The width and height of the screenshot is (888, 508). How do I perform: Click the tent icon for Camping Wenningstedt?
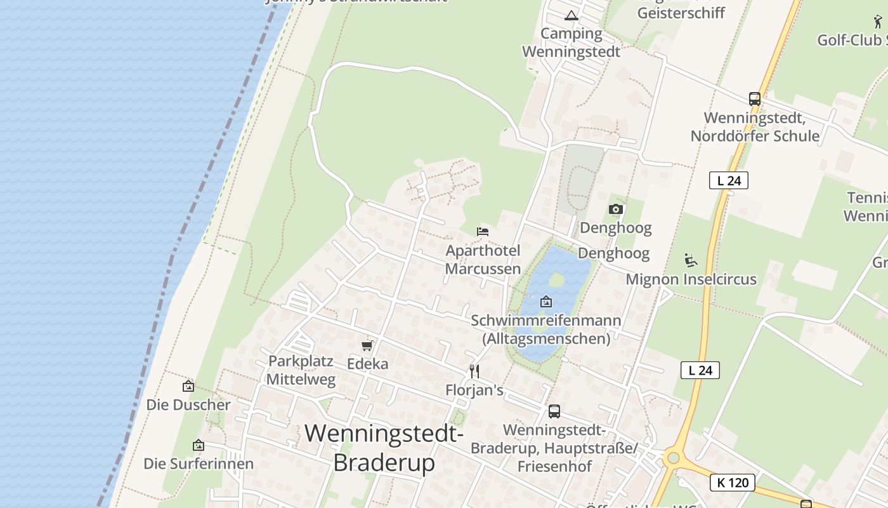(x=571, y=16)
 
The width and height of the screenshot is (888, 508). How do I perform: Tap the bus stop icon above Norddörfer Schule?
(x=754, y=99)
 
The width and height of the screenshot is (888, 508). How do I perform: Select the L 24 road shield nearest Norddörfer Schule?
(x=728, y=180)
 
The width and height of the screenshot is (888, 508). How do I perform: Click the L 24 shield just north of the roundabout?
(x=700, y=370)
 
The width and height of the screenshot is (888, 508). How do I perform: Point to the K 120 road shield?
(x=733, y=483)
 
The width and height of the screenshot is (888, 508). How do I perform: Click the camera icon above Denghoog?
(x=615, y=209)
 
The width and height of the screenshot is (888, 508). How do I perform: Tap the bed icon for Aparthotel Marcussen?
(x=483, y=232)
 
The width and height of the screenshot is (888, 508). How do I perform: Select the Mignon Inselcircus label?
(x=691, y=279)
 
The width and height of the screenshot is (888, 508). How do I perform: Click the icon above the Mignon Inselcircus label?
(x=691, y=260)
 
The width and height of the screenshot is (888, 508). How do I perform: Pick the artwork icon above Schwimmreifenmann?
(x=545, y=302)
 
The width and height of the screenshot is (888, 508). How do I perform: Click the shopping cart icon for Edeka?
(x=367, y=345)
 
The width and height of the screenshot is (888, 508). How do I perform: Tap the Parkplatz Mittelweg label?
(x=300, y=370)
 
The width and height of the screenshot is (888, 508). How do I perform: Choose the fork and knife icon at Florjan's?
(x=474, y=371)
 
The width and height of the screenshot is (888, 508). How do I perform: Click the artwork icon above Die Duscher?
(x=188, y=385)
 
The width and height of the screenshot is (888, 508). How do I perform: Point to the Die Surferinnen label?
(x=199, y=464)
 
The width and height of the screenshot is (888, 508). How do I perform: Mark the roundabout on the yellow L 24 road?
(x=673, y=457)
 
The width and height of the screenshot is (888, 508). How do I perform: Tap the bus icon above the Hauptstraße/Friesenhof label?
(x=554, y=411)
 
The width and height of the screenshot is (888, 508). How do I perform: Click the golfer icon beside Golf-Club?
(x=878, y=22)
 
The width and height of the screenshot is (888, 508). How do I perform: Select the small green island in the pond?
(x=556, y=279)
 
